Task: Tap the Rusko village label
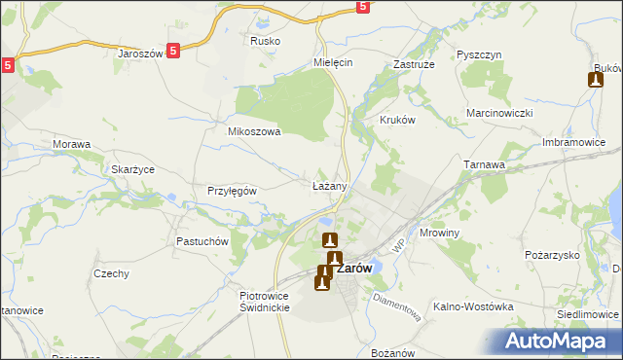265,41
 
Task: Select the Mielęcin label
332,60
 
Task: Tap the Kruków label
396,122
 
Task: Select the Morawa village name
71,145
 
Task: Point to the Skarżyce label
132,169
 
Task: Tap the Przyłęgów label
232,191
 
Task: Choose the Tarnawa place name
484,165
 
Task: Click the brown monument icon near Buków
596,80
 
